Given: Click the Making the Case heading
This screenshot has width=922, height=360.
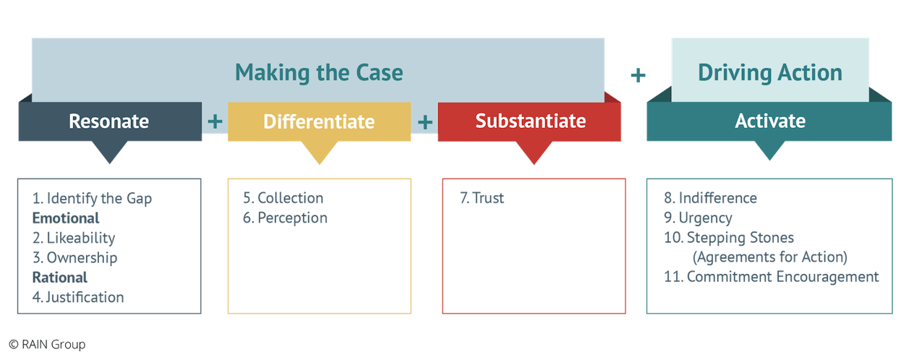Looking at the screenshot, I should pos(319,72).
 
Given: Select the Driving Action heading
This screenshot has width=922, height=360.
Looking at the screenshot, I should pos(769,72).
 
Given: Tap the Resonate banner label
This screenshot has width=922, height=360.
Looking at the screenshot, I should pos(109,121).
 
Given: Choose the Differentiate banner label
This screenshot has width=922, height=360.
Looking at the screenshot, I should pos(319,121).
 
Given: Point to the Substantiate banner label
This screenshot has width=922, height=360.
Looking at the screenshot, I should pos(530,121).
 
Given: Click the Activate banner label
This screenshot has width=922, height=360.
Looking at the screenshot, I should pos(769,121).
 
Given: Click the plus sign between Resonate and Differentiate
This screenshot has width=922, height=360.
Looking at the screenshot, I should pos(215,121).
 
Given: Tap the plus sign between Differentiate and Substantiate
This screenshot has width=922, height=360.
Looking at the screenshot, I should pos(425,121).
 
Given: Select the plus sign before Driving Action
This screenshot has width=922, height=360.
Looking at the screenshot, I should pos(638,74).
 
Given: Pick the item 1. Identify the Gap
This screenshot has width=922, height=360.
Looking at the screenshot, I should pos(92,199).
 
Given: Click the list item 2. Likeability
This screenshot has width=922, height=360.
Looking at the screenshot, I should pos(73,238).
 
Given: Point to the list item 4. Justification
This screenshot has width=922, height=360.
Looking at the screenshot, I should pos(78,296).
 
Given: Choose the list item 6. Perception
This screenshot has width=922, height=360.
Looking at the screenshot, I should pos(285,218).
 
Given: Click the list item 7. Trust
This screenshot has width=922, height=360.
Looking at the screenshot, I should pos(482,198).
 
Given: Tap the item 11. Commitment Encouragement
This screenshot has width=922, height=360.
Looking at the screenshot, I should pos(771,276).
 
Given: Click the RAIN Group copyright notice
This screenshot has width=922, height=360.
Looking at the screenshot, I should pos(47,345).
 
